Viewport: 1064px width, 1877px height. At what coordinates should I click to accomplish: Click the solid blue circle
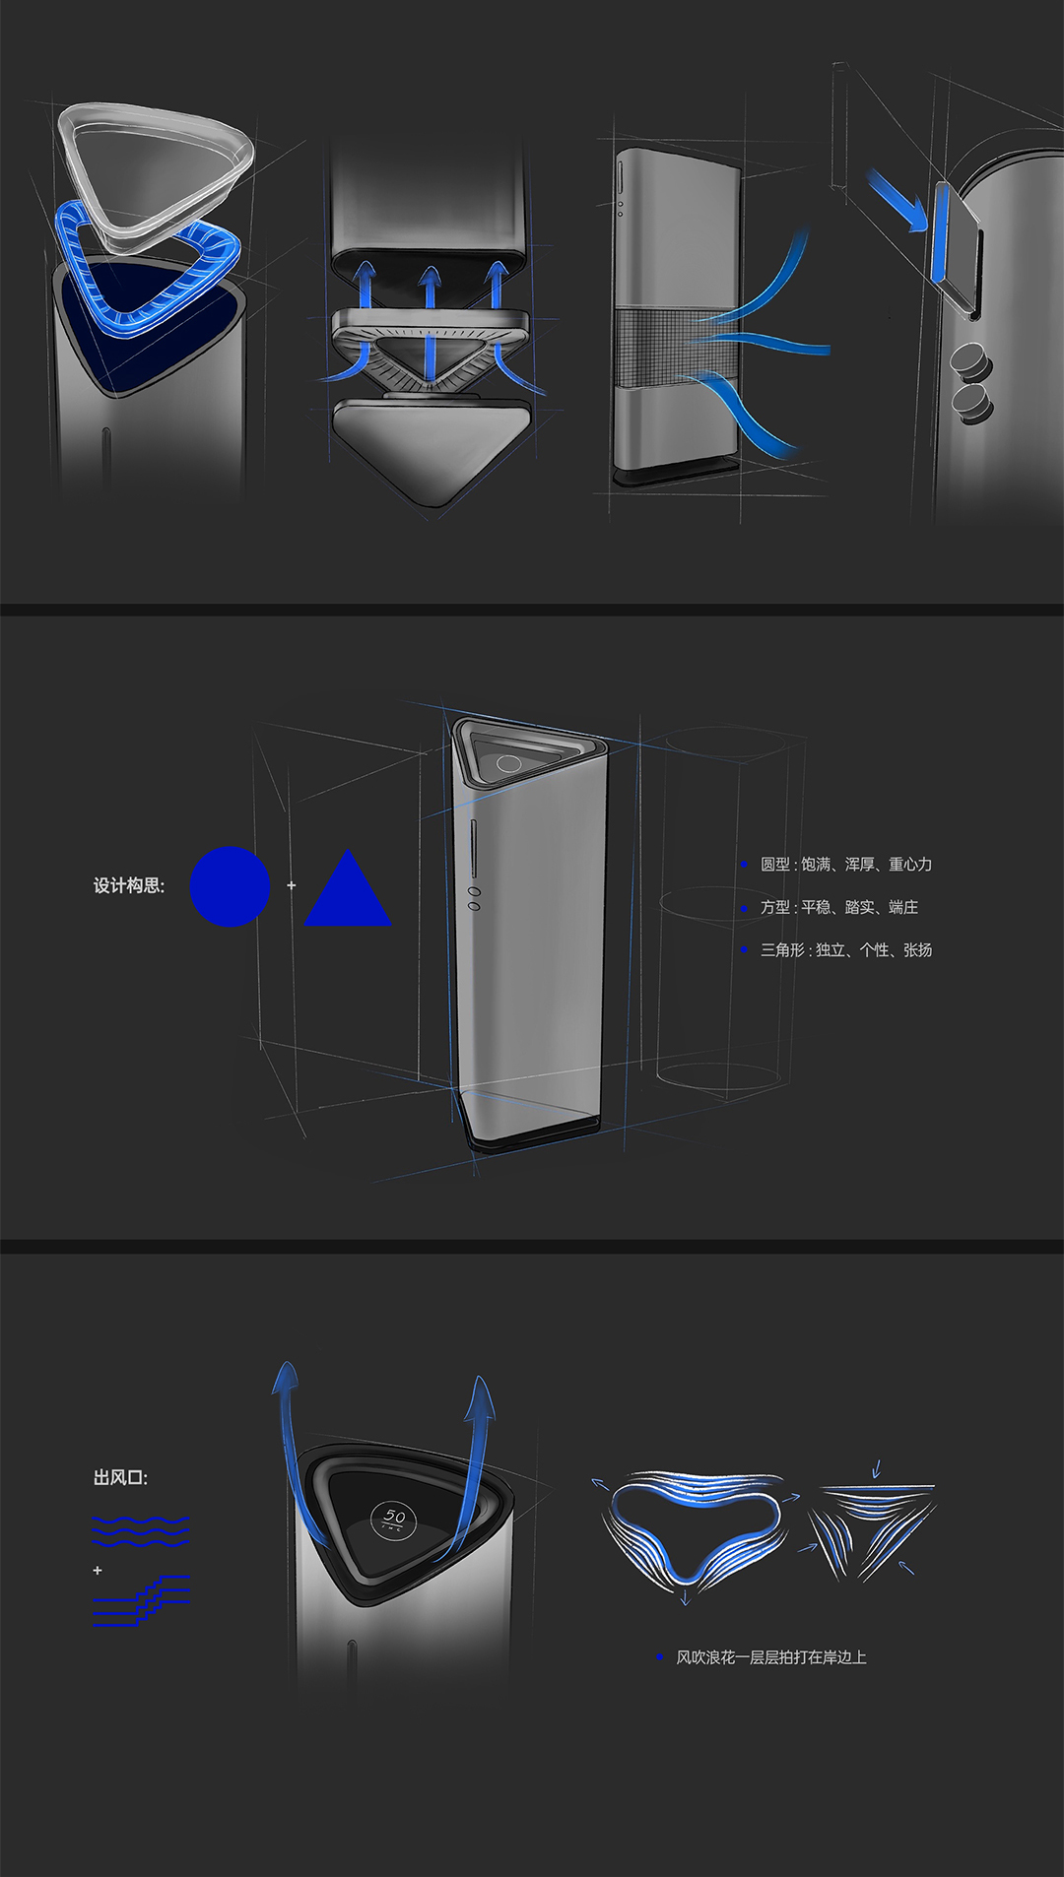[x=230, y=886]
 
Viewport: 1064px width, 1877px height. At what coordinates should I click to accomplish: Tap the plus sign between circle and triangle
[x=292, y=885]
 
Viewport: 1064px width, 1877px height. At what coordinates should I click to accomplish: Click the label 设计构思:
[x=129, y=886]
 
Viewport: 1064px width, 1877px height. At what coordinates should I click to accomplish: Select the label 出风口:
[x=120, y=1477]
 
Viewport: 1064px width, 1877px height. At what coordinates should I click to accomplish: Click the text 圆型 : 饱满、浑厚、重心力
[x=845, y=865]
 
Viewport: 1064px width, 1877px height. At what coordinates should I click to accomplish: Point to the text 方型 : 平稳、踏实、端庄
[x=838, y=907]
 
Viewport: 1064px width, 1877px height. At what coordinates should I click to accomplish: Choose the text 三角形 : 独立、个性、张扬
[x=845, y=950]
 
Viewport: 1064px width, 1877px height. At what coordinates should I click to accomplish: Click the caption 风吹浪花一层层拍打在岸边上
[x=770, y=1657]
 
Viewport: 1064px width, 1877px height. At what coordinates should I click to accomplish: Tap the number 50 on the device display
[x=394, y=1517]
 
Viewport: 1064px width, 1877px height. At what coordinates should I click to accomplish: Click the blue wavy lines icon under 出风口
[x=140, y=1531]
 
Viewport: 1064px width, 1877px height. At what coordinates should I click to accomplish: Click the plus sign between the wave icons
[x=98, y=1570]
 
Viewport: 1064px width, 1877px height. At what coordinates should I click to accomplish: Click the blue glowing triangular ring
[x=148, y=271]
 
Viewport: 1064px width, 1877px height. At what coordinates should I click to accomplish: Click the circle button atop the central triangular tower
[x=508, y=763]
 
